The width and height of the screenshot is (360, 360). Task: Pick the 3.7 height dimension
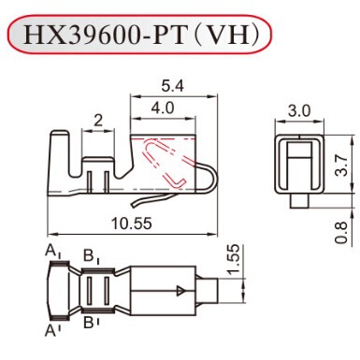click(x=342, y=166)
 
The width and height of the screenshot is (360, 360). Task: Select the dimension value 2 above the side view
click(x=97, y=119)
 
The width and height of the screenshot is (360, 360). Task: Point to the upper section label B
click(x=89, y=254)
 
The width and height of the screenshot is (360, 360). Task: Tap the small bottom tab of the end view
click(x=297, y=199)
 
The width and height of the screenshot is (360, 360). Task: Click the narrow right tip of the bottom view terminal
click(x=210, y=290)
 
